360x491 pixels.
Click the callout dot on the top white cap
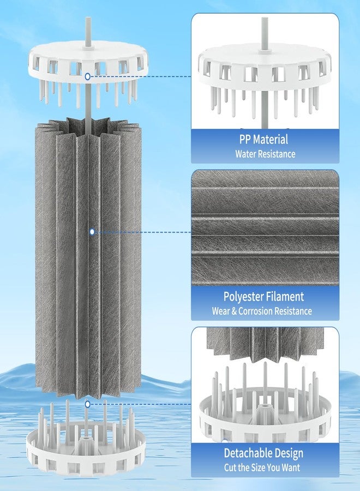(88, 76)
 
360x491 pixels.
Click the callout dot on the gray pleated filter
(92, 232)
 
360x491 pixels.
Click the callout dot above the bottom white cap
(88, 404)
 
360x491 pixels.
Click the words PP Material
(263, 139)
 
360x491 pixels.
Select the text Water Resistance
(265, 154)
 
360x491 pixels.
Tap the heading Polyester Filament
(263, 297)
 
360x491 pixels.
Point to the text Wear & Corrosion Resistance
(262, 311)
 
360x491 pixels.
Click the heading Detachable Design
(263, 453)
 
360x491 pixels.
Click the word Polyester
(243, 297)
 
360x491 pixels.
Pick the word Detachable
(244, 453)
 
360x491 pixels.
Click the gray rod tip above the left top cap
(88, 18)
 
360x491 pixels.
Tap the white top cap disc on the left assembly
(88, 59)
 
